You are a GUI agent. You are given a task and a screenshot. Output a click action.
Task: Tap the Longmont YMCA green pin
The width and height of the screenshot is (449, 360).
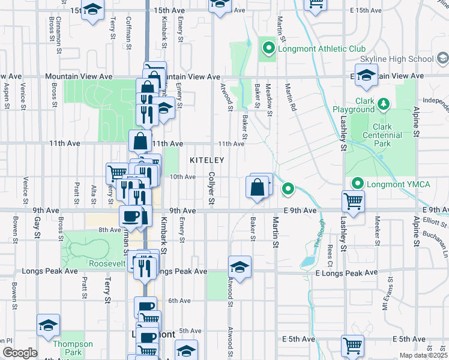pos(358,184)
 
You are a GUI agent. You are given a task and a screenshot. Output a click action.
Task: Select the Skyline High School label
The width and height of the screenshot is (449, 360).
pos(396,59)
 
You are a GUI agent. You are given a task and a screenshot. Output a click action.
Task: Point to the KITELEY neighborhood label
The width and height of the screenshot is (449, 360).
pos(207,160)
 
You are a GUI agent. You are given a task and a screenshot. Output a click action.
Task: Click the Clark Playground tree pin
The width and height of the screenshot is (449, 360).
pos(383,106)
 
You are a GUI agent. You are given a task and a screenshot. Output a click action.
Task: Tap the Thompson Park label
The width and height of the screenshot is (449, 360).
pos(73,348)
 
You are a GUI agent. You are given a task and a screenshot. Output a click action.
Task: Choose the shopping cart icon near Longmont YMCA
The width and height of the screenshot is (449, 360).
pos(353,202)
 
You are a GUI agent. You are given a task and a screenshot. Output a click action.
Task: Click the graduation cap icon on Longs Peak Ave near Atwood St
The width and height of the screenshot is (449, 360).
pos(240,266)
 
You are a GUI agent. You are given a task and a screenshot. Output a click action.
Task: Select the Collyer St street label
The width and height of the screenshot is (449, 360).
pos(211,188)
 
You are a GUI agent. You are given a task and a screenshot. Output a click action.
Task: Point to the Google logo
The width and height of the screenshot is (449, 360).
pos(19,353)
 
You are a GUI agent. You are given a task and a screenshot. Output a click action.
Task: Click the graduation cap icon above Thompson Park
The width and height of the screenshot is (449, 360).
pos(48,325)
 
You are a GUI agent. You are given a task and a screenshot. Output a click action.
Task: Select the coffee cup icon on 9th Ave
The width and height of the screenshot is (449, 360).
pos(130,216)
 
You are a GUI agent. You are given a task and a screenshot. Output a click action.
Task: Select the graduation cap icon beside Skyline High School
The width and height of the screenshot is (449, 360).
pos(366,76)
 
